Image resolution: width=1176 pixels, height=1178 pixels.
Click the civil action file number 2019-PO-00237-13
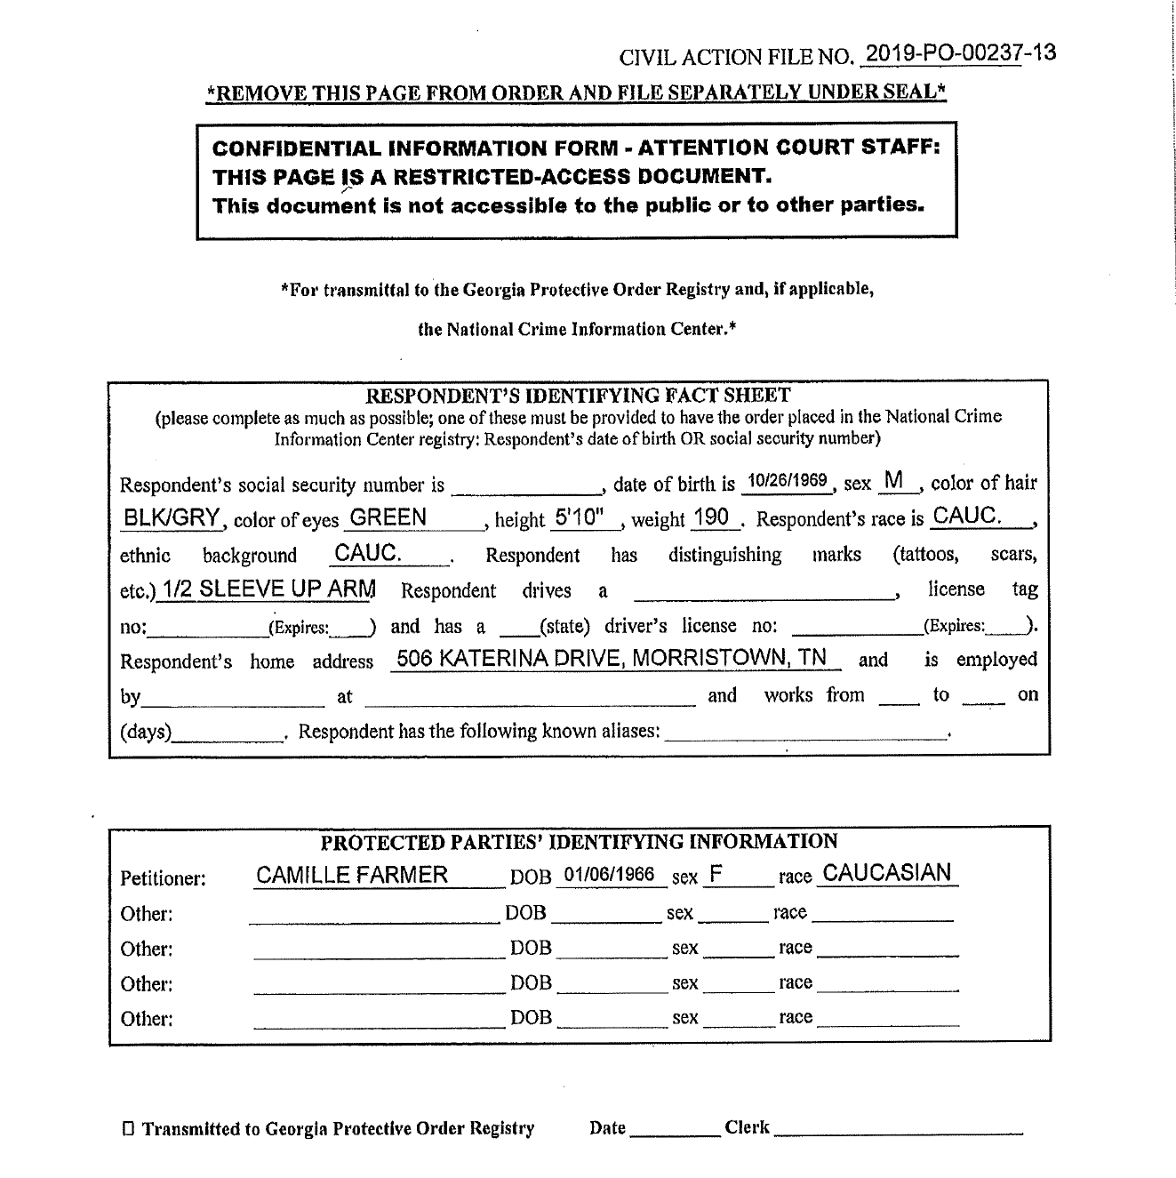coord(960,53)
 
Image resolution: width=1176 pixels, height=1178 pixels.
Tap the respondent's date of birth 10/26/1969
coord(787,481)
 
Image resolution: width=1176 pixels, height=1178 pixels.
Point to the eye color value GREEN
coord(388,517)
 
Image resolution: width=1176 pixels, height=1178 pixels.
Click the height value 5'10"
coord(579,517)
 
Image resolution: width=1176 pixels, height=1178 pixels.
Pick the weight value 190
coord(711,517)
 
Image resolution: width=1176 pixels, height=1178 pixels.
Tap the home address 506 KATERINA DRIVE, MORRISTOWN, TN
coord(612,658)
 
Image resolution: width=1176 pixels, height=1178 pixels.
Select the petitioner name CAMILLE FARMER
coord(352,875)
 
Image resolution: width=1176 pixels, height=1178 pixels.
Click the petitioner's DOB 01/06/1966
coord(610,875)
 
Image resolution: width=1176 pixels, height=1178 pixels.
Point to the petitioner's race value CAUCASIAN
coord(887,873)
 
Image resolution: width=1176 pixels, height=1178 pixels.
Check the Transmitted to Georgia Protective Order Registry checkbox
coord(129,1130)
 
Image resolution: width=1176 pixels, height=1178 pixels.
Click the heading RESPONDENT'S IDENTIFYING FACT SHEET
coord(579,395)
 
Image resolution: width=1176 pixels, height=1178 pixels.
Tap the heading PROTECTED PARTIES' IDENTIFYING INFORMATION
coord(579,841)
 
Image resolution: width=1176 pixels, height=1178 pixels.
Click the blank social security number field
coord(526,485)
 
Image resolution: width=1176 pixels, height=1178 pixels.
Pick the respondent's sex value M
coord(894,481)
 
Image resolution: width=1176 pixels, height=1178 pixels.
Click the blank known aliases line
coord(805,733)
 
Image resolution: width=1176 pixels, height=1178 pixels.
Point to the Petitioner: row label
coord(163,879)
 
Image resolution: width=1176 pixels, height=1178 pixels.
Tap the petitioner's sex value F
coord(715,875)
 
